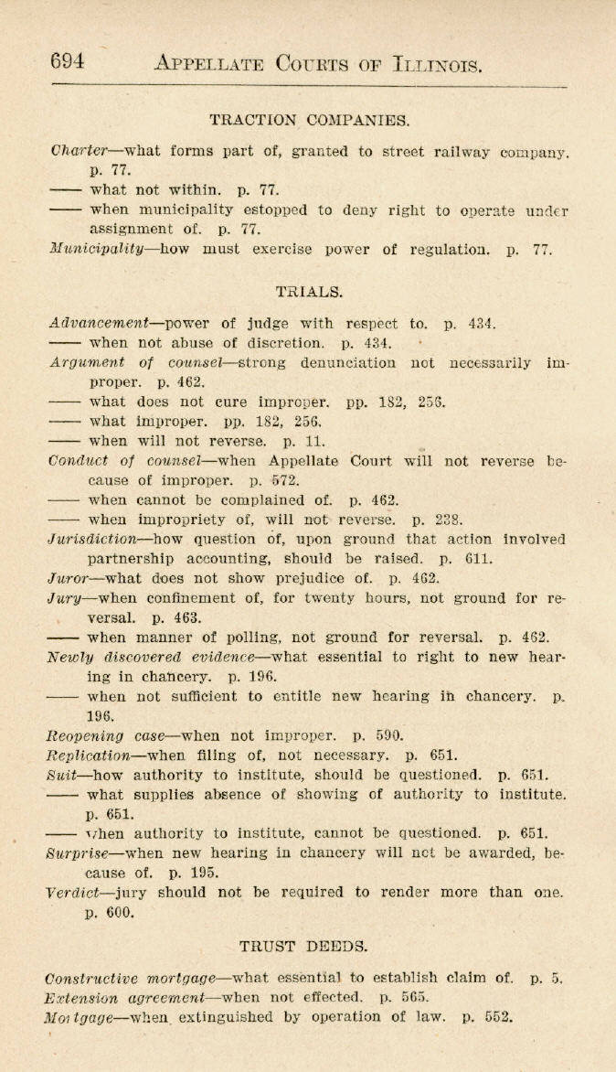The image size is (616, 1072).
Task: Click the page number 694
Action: click(68, 61)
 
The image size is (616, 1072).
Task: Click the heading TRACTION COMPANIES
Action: click(309, 120)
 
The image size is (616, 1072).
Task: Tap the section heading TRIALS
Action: click(309, 292)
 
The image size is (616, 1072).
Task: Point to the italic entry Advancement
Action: click(99, 323)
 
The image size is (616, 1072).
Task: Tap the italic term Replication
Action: click(89, 756)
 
